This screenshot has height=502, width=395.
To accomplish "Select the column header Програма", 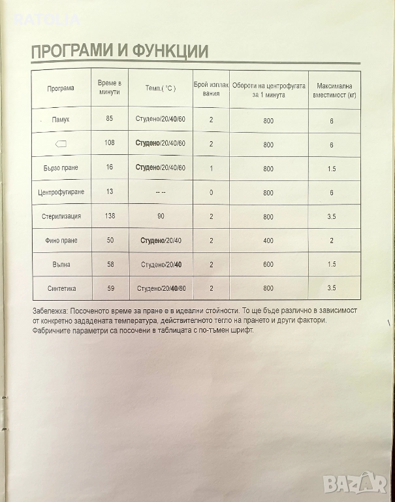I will point(61,88).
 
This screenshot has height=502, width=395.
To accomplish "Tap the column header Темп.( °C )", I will point(161,88).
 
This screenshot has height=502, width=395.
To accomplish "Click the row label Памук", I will point(61,121).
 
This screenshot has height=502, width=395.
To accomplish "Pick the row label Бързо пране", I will point(61,168).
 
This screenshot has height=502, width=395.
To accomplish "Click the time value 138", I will point(109,216).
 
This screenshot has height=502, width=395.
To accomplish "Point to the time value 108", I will point(109,144).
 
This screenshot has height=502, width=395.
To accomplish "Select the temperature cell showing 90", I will point(161,216).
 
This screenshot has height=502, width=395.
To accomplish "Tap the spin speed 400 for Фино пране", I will point(268,241).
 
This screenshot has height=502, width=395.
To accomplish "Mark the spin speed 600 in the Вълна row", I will point(268,265).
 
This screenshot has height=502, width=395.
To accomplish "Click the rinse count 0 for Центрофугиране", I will point(211,193).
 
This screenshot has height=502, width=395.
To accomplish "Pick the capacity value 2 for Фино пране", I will point(332,241).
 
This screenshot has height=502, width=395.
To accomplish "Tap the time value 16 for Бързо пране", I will point(109,167).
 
